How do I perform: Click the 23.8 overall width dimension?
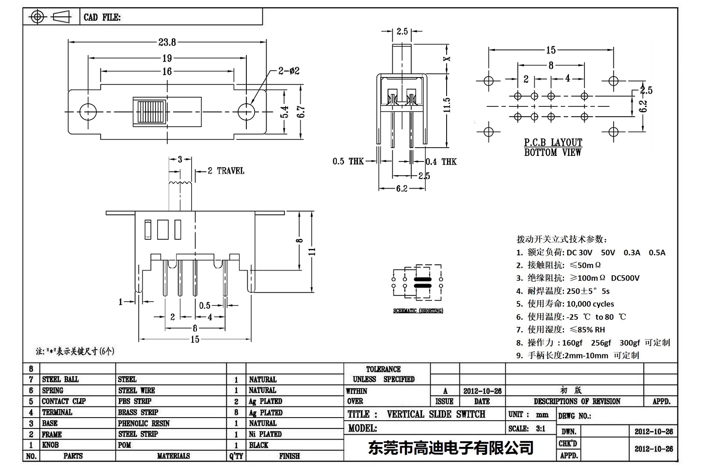click(167, 42)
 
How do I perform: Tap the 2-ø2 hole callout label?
click(289, 71)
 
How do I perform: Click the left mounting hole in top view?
click(88, 112)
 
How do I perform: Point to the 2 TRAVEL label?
click(226, 171)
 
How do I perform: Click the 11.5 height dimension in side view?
click(447, 105)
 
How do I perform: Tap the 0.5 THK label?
click(348, 161)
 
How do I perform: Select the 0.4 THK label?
click(441, 162)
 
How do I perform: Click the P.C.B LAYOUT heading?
click(553, 143)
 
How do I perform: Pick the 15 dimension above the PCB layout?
click(551, 50)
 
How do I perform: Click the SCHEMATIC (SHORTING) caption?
click(418, 310)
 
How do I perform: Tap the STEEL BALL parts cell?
click(60, 379)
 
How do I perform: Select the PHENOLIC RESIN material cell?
click(144, 423)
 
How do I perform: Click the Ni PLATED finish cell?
click(265, 434)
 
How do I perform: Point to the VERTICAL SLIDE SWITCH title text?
click(436, 414)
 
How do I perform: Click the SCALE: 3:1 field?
click(527, 428)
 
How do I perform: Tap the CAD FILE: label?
click(102, 17)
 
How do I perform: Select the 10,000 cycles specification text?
click(590, 304)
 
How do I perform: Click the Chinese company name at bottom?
click(450, 448)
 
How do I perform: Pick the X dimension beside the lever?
click(447, 59)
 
